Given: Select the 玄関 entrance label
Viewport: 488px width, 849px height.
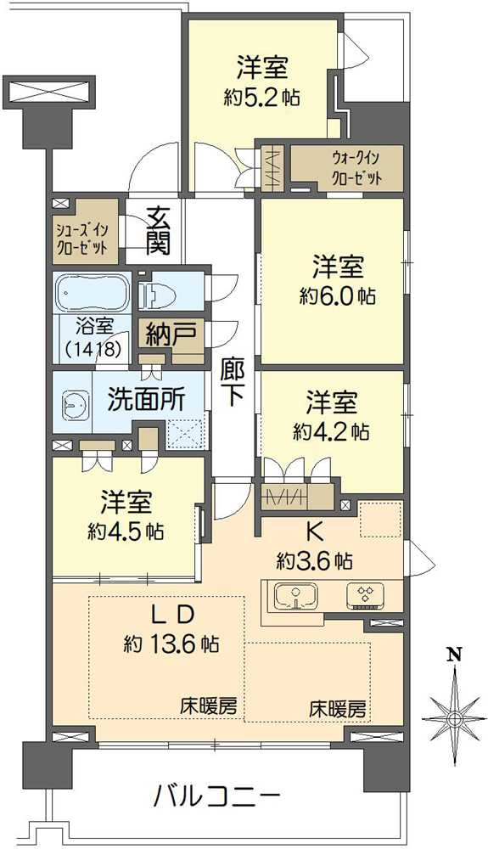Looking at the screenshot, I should pos(158,229).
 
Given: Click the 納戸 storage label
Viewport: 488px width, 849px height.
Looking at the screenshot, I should pos(170,333).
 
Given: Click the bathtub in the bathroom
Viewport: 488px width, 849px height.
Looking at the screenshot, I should pos(92,293).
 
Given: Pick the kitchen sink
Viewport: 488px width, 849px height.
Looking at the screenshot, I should pos(294,595).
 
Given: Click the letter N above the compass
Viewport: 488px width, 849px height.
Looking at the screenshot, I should pos(455,655).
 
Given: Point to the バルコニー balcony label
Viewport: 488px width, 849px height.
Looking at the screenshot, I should pos(217,797).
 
